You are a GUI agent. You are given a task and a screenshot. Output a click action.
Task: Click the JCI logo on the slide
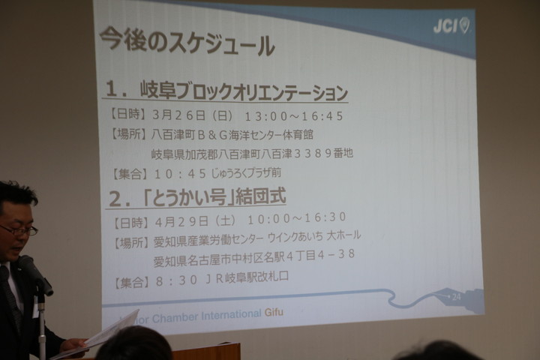coord(451,25)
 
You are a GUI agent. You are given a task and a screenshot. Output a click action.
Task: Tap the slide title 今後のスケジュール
coord(187,41)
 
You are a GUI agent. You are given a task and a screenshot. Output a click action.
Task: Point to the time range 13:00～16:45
coord(293,116)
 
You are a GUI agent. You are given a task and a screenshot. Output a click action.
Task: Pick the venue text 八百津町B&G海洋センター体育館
coord(232,134)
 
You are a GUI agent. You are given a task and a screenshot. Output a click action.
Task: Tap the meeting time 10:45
coord(180,174)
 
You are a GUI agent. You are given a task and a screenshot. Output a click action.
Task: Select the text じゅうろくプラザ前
coord(246,172)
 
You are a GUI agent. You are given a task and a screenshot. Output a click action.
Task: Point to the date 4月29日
coord(181,221)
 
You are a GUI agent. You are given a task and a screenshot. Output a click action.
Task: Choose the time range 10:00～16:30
coord(296,218)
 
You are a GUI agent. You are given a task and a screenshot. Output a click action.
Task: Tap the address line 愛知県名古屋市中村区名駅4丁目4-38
coord(253,257)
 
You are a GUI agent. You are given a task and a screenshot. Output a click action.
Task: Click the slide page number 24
coord(456,296)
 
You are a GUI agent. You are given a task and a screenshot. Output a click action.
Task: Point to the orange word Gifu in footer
coord(274,313)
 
